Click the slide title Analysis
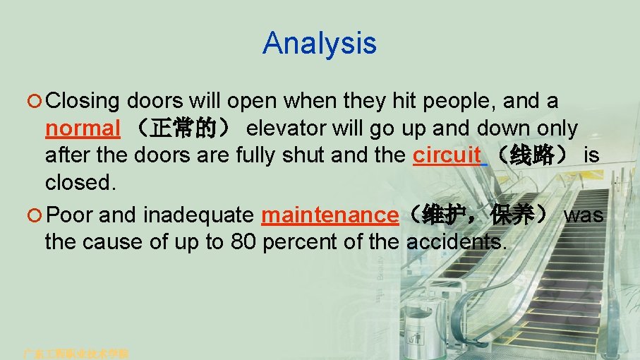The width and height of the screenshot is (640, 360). click(320, 44)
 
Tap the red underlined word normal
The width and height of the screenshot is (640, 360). click(83, 129)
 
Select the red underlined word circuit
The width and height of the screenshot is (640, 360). click(447, 155)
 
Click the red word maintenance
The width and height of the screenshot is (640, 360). click(330, 215)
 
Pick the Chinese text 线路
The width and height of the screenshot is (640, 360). click(531, 156)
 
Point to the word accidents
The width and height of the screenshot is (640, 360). click(456, 242)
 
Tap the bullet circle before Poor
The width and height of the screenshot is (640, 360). click(36, 215)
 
